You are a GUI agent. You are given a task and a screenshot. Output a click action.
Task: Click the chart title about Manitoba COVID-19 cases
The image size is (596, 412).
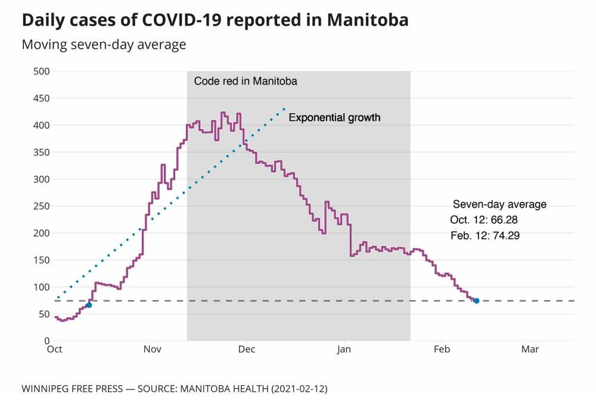click(215, 20)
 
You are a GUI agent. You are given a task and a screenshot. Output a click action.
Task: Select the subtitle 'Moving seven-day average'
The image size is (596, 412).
click(104, 45)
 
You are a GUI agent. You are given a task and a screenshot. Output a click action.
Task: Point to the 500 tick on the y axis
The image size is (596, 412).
click(42, 71)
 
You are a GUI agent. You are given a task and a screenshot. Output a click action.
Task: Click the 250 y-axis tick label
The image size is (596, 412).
click(42, 206)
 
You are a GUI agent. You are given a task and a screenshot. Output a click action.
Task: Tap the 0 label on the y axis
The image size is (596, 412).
click(46, 341)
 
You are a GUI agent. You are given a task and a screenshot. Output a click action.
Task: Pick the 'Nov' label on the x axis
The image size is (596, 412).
click(153, 349)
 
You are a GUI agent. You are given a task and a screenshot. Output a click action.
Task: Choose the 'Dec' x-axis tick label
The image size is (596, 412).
click(247, 349)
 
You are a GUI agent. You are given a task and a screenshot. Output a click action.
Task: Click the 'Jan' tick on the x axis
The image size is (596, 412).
click(344, 349)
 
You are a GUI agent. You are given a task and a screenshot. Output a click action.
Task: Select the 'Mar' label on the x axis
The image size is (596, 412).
click(530, 349)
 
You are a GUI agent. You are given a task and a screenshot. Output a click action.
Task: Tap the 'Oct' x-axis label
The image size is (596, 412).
click(54, 349)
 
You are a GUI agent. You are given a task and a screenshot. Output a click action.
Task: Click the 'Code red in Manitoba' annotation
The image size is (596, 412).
click(246, 81)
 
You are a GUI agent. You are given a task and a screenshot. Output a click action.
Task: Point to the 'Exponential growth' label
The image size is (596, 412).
click(334, 118)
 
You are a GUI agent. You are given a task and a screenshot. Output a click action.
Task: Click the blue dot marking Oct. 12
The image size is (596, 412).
click(89, 305)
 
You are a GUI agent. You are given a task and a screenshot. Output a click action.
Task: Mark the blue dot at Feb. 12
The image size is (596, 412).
click(476, 301)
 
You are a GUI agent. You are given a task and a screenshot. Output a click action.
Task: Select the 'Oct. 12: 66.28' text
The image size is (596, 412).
click(488, 220)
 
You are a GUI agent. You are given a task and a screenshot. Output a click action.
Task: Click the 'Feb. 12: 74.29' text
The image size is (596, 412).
click(485, 236)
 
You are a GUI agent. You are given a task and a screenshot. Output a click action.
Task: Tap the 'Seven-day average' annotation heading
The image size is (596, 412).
click(499, 204)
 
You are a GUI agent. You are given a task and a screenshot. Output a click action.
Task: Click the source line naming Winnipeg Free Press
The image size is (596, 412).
click(174, 389)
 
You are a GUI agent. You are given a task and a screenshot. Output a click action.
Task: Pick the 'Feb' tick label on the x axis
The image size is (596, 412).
click(442, 349)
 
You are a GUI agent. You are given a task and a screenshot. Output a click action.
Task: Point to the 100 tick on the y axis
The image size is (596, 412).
click(42, 287)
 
